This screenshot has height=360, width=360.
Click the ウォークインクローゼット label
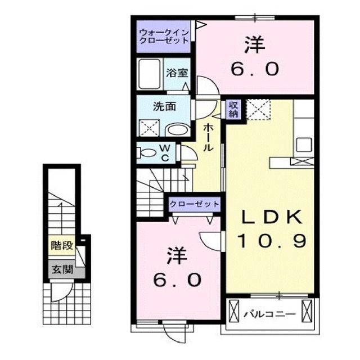click(x=164, y=37)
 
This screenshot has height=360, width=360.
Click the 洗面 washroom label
click(x=163, y=105)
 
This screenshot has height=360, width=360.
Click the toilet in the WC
click(x=147, y=152)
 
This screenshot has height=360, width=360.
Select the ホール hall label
click(x=209, y=137)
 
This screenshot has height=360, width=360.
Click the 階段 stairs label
click(x=62, y=246)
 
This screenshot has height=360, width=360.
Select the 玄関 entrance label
click(x=62, y=269)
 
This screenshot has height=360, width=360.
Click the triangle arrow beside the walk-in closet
click(x=200, y=24)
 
